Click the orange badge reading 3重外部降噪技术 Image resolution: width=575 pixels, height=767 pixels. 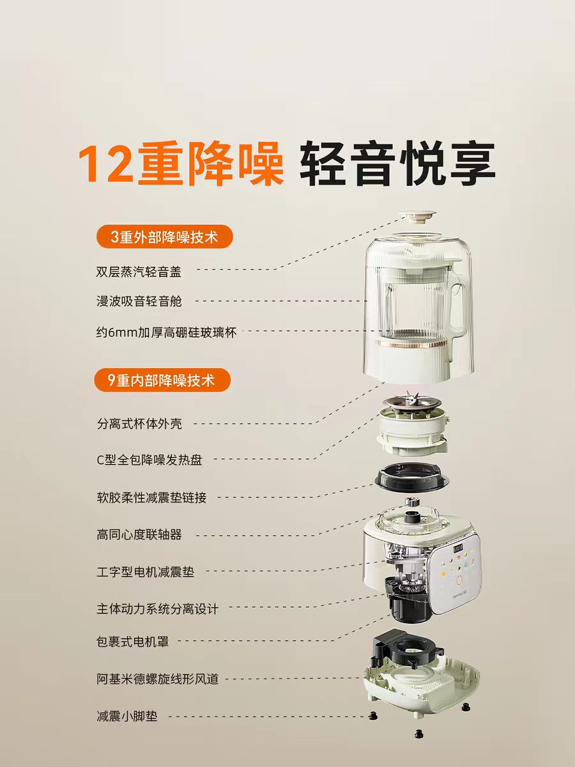tap(164, 237)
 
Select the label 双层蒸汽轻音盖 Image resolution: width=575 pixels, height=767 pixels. tap(139, 272)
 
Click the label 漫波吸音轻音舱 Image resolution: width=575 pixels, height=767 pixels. tap(139, 301)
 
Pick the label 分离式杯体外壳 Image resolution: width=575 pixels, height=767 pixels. tap(139, 424)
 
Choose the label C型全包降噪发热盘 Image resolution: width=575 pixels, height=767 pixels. tap(149, 460)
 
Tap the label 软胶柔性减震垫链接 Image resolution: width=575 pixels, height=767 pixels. tap(151, 497)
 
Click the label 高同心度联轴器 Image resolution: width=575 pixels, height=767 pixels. tap(139, 534)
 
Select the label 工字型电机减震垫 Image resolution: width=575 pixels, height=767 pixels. tap(145, 572)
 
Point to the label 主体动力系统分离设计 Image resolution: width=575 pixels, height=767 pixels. tap(157, 609)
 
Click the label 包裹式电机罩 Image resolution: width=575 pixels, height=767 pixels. tap(133, 641)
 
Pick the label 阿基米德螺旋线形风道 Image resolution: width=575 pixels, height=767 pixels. tap(157, 679)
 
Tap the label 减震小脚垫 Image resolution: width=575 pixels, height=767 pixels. tap(127, 717)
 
